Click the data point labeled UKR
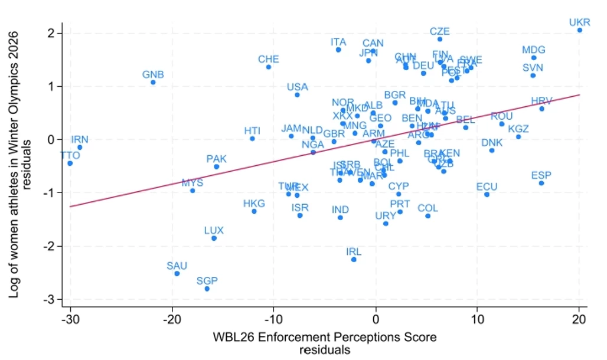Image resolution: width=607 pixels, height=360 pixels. pyautogui.click(x=579, y=30)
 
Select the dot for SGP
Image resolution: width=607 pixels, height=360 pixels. pyautogui.click(x=207, y=289)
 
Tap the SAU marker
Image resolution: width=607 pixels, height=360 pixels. pyautogui.click(x=177, y=274)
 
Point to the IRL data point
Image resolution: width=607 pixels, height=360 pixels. pyautogui.click(x=354, y=260)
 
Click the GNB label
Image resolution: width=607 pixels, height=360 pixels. pyautogui.click(x=153, y=75)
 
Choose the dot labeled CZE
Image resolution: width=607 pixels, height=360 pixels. pyautogui.click(x=439, y=39)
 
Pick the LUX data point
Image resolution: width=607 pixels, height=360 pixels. pyautogui.click(x=214, y=238)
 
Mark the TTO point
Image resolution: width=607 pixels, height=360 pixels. pyautogui.click(x=70, y=163)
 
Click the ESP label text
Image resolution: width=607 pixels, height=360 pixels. pyautogui.click(x=541, y=175)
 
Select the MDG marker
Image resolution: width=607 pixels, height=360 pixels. pyautogui.click(x=533, y=58)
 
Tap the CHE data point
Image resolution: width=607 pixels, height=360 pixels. pyautogui.click(x=269, y=67)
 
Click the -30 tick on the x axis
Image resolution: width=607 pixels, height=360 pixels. pyautogui.click(x=70, y=320)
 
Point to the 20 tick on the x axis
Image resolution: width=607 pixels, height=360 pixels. pyautogui.click(x=579, y=320)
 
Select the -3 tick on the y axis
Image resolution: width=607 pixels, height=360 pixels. pyautogui.click(x=51, y=300)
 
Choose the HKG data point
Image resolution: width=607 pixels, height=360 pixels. pyautogui.click(x=254, y=211)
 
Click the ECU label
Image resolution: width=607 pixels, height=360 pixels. pyautogui.click(x=487, y=187)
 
